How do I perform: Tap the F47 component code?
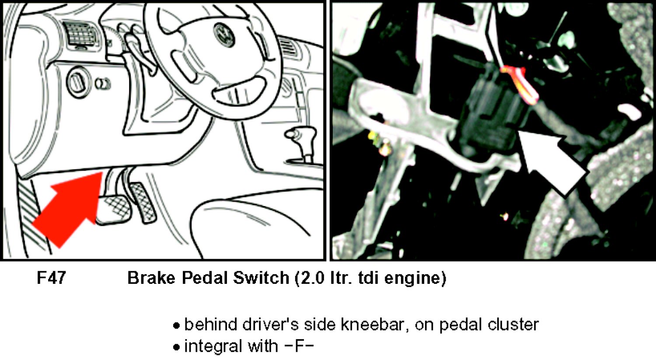point(51,277)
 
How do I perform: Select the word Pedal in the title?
point(205,278)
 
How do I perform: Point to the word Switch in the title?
point(261,278)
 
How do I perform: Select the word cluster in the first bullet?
point(513,325)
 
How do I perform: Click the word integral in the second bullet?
point(213,346)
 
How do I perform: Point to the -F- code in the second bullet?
point(299,346)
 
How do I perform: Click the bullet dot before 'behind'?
point(176,325)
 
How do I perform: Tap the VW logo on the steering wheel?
point(224,35)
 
